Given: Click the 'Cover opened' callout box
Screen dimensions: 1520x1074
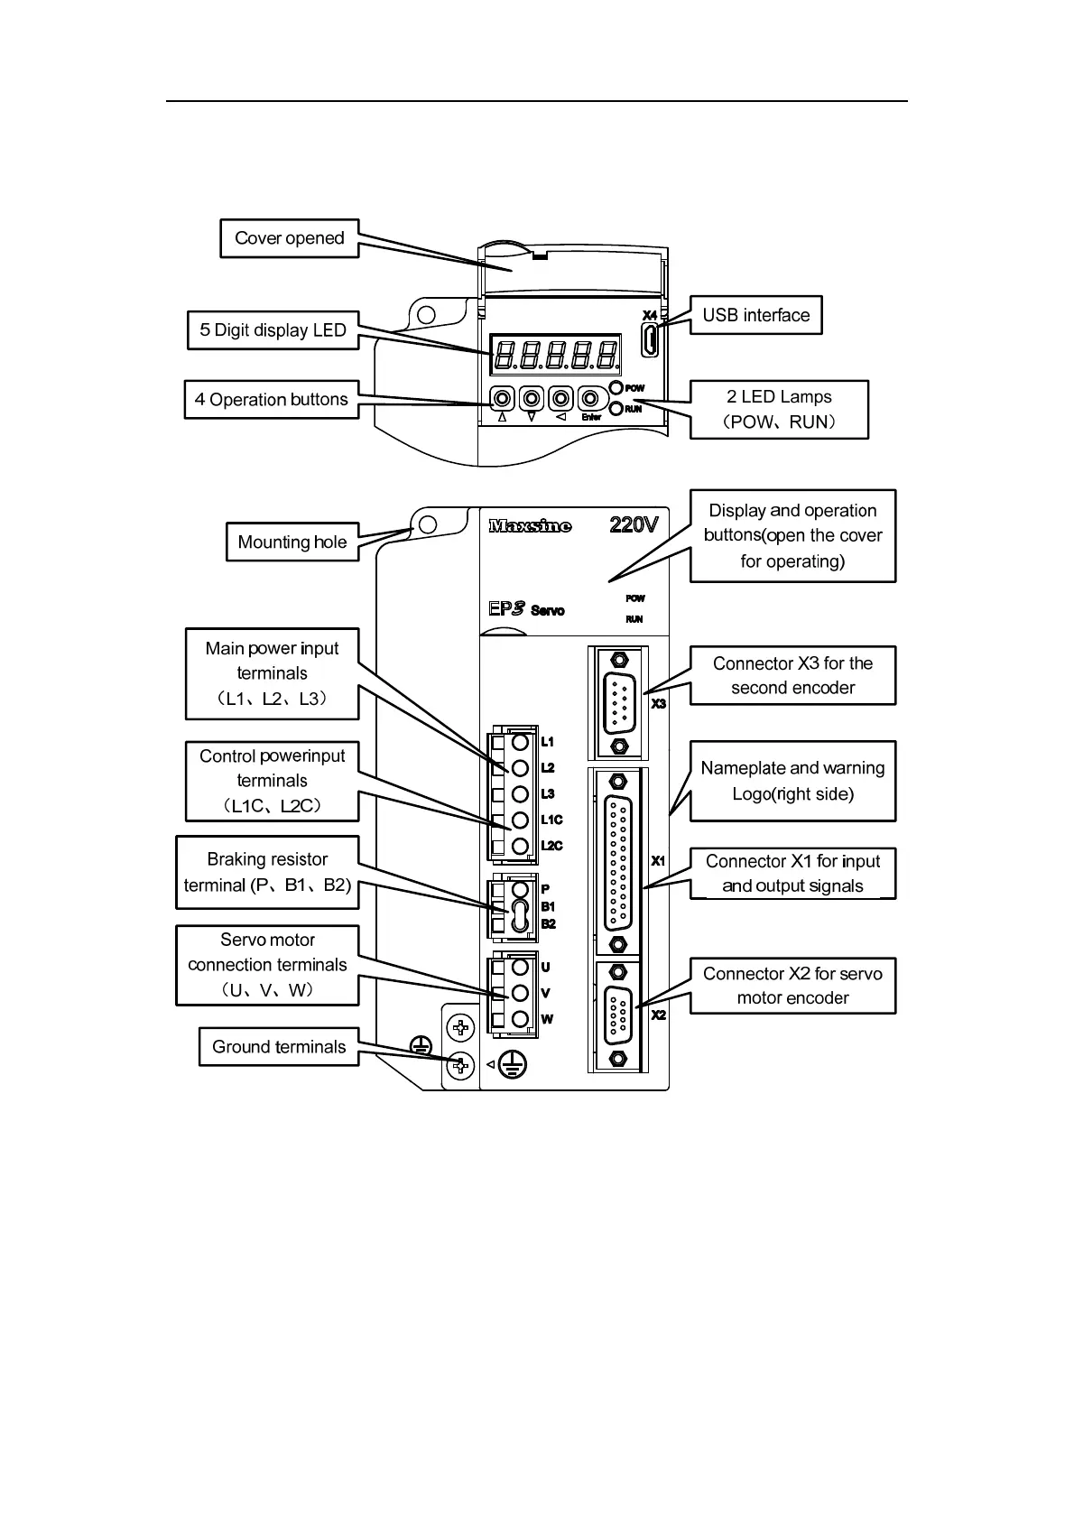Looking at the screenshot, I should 289,238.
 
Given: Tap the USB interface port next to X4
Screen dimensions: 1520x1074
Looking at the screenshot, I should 648,339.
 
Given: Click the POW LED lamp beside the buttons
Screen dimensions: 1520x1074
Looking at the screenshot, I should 617,388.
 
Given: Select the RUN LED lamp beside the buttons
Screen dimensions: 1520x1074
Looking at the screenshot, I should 617,409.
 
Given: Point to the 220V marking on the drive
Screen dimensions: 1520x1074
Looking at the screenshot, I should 634,524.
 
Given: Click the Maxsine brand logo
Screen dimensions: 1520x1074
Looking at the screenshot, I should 530,525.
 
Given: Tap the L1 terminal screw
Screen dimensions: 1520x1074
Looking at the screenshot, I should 520,742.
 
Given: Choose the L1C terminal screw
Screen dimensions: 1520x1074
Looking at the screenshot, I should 520,820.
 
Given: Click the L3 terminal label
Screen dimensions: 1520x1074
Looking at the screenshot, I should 548,794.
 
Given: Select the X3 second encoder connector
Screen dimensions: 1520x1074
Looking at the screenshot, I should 619,703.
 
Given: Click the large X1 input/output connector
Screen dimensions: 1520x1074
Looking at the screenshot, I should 618,862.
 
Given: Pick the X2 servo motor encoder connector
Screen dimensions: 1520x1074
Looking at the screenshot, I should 618,1015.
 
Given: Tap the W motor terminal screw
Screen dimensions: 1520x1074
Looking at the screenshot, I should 520,1019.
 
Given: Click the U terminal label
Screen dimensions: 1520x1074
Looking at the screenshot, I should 545,967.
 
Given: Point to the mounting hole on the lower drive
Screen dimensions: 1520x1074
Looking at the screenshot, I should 429,524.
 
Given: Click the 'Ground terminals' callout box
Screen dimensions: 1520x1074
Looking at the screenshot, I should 279,1047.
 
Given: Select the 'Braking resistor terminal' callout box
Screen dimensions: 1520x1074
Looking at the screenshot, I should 267,872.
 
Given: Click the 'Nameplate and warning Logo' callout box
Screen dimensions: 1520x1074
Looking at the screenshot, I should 792,781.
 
